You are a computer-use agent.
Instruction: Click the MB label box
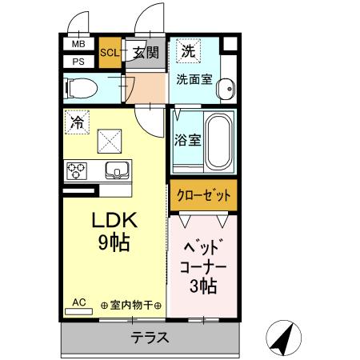point(79,45)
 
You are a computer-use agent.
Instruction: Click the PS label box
point(79,60)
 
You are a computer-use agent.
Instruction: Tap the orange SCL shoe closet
point(110,53)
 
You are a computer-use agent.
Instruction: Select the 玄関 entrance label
point(146,53)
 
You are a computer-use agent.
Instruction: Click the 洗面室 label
point(194,79)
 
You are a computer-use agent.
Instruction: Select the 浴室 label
point(187,139)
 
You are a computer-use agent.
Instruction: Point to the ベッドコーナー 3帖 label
point(202,265)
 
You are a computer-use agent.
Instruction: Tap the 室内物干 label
point(131,306)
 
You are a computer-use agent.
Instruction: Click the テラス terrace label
point(150,337)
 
